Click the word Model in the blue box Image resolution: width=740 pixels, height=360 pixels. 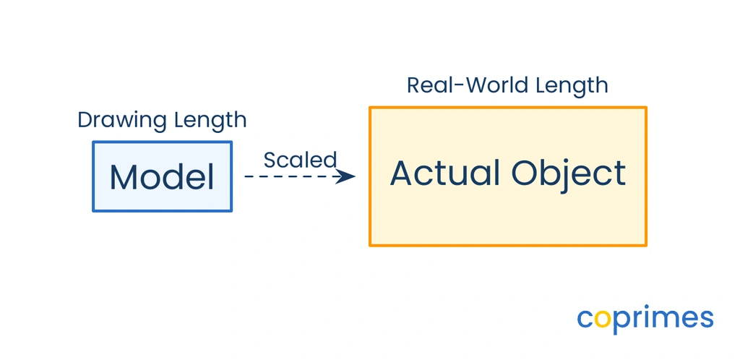(162, 177)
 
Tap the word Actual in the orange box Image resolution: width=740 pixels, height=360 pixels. (445, 173)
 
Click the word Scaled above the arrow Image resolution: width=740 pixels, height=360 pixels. (300, 160)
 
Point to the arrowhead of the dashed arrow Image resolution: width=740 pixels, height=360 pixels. (347, 176)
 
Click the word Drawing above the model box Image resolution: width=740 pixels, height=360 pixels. (122, 121)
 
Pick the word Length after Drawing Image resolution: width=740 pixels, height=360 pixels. (210, 121)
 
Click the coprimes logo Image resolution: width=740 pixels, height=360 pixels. (645, 319)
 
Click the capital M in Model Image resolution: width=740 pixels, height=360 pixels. (123, 177)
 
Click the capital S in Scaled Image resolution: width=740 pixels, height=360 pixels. (270, 160)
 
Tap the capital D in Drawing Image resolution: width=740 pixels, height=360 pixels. (85, 120)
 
